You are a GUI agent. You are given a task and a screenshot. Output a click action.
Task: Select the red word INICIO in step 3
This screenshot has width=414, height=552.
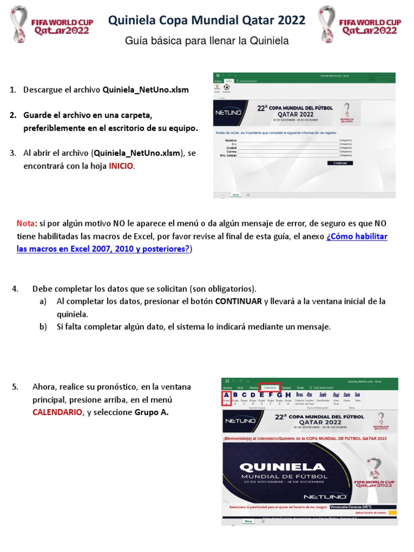[121, 167]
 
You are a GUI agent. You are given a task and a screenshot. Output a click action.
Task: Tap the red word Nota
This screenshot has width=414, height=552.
[25, 223]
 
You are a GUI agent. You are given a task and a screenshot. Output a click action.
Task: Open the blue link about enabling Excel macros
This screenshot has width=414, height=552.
[202, 243]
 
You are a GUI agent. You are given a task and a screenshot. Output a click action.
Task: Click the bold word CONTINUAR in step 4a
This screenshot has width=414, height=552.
[238, 301]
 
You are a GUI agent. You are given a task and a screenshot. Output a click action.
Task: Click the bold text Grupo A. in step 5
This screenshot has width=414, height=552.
[153, 412]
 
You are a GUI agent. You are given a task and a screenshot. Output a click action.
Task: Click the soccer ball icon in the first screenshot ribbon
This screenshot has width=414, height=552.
[226, 87]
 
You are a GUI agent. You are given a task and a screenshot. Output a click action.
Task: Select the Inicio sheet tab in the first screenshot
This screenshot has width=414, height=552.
[236, 195]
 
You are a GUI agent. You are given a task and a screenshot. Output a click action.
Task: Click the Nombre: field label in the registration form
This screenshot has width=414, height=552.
[231, 140]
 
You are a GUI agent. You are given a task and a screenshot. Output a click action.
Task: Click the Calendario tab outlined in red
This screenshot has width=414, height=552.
[270, 387]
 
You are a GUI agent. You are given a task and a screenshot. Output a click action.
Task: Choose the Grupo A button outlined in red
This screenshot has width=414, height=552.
[226, 398]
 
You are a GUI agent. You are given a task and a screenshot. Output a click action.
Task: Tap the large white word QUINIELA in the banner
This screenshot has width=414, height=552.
[282, 467]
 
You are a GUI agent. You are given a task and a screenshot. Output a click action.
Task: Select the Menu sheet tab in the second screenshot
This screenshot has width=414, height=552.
[249, 521]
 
